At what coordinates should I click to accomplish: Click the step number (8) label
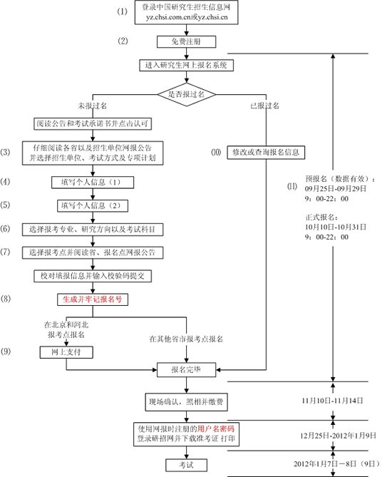coord(9,300)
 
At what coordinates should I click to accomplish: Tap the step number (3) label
coord(9,153)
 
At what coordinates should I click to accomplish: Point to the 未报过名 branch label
coord(92,106)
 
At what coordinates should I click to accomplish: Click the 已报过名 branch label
coord(264,106)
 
